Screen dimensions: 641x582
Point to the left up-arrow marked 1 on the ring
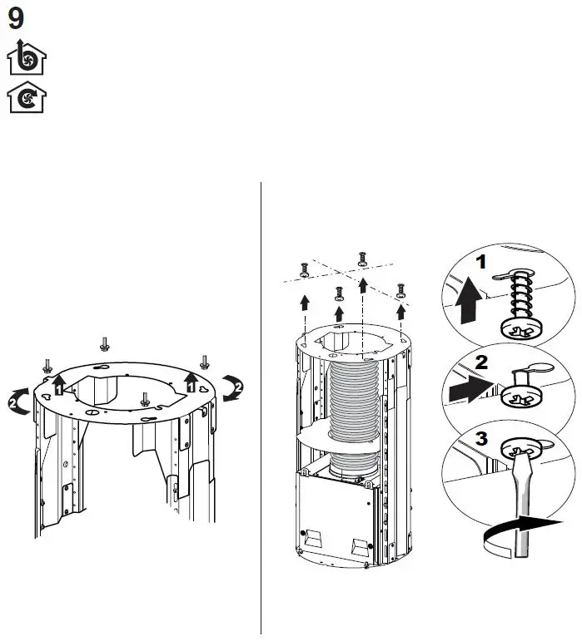58,384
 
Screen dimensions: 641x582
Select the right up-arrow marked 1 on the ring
192,383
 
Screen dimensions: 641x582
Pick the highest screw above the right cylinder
361,258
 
